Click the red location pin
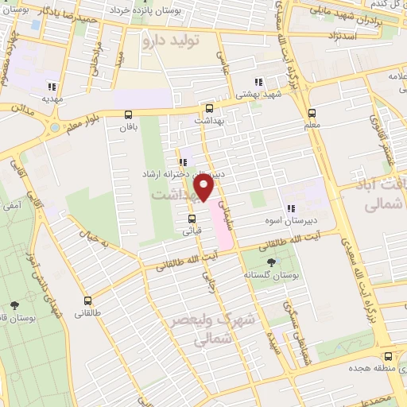204,188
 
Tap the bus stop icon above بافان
129,114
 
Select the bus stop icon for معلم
312,112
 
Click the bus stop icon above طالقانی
87,300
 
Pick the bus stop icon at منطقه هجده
388,356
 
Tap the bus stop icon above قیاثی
192,219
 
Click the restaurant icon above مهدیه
52,87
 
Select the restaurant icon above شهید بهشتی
258,82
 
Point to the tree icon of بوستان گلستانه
273,262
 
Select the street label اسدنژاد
335,37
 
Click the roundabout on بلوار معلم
54,126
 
